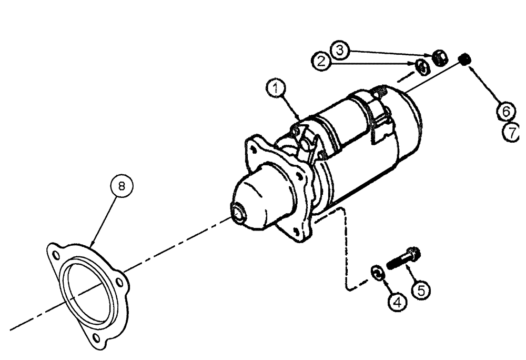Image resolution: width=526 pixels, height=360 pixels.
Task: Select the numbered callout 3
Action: coord(340,50)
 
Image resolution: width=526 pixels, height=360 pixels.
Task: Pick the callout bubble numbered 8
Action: coord(122,186)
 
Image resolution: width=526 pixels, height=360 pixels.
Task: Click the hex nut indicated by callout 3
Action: coord(440,58)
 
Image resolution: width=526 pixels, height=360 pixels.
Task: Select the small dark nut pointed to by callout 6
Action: coord(464,61)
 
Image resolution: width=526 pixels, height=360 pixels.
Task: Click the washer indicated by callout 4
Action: coord(377,272)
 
